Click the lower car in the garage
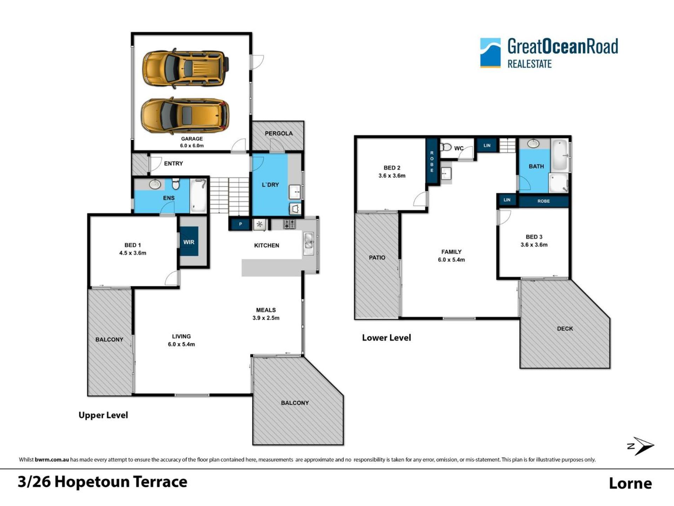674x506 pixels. [185, 116]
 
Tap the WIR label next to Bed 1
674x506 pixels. [189, 242]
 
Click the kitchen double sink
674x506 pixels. [309, 242]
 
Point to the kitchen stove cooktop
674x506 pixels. [290, 224]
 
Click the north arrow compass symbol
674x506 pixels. [641, 446]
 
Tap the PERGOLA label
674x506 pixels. [279, 133]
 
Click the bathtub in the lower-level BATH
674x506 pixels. [560, 155]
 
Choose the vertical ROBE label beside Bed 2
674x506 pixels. [432, 162]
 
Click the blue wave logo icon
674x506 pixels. [490, 53]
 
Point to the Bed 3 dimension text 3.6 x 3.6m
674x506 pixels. [534, 245]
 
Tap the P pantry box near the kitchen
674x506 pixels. [240, 224]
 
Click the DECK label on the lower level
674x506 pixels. [565, 329]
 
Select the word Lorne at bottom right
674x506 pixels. [630, 483]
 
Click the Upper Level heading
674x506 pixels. [103, 415]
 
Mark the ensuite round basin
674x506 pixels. [155, 184]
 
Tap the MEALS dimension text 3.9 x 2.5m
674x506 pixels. [266, 318]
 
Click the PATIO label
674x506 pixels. [377, 258]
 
